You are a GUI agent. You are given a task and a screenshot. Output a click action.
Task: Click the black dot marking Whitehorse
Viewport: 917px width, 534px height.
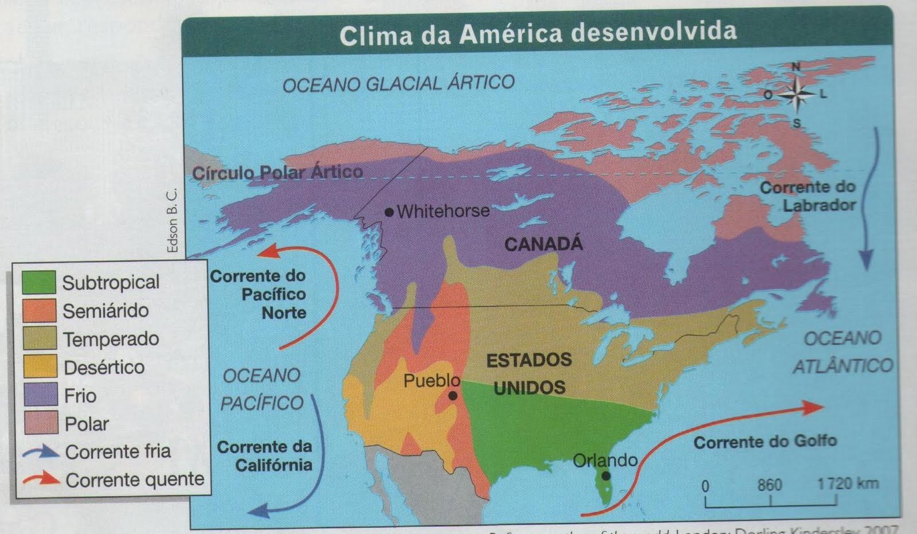click(389, 212)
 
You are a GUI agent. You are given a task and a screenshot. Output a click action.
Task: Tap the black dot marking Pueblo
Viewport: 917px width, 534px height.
click(453, 396)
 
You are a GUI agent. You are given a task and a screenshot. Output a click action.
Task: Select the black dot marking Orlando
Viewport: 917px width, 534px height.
click(606, 475)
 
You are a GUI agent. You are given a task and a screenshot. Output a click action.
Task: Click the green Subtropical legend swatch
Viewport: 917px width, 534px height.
click(39, 282)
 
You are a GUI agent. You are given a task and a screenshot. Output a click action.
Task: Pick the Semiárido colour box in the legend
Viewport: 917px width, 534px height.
click(39, 310)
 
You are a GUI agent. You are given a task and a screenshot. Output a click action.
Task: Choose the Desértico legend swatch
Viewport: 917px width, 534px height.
click(40, 367)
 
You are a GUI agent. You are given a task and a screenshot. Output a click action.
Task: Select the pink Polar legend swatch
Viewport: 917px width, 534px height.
click(41, 423)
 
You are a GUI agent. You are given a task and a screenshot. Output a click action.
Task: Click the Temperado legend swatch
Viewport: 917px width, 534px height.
click(40, 338)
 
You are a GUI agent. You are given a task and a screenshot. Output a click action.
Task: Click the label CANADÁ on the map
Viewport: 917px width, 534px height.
click(543, 244)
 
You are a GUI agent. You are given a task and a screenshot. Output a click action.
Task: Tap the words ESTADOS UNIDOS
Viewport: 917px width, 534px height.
click(529, 373)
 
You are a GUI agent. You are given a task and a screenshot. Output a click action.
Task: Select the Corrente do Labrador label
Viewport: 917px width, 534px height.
click(808, 196)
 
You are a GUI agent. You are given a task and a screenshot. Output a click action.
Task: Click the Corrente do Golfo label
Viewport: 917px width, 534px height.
click(765, 442)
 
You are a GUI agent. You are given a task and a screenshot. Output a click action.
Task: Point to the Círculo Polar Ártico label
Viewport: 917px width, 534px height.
click(277, 172)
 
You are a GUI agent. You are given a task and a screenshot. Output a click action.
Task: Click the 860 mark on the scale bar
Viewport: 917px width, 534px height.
click(769, 485)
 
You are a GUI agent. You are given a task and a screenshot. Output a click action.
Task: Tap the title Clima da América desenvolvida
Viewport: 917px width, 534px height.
click(538, 33)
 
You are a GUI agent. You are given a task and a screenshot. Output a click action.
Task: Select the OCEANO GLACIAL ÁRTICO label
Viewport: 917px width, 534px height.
click(398, 84)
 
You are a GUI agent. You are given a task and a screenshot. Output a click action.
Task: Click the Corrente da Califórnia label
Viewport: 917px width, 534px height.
click(265, 455)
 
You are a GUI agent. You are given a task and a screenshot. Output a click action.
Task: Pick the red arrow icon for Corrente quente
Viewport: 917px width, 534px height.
click(41, 478)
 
